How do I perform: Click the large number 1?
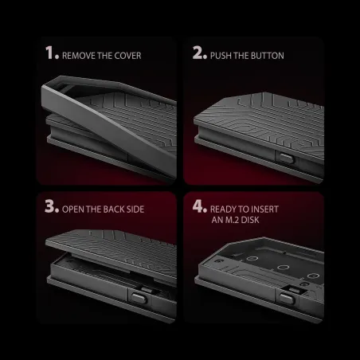49,53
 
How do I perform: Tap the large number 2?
198,53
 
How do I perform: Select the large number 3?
49,205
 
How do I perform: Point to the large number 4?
198,205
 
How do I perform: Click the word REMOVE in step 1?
79,56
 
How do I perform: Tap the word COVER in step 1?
127,56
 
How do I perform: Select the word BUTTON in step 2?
268,56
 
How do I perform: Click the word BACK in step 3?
113,209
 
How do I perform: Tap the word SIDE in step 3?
135,209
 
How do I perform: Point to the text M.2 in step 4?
233,220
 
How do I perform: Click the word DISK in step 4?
250,220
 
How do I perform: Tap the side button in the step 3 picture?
139,298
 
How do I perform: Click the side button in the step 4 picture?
287,299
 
